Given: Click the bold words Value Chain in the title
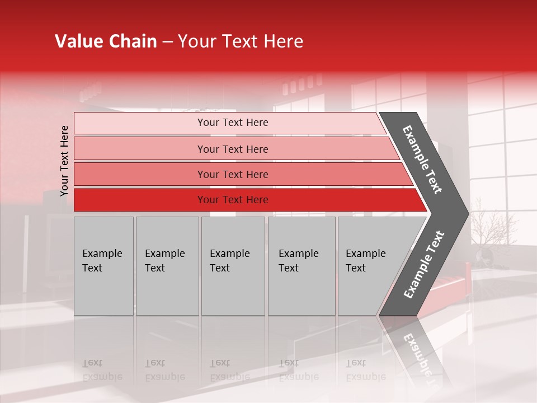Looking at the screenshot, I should pyautogui.click(x=106, y=41).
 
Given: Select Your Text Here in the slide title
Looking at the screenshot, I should pyautogui.click(x=241, y=41).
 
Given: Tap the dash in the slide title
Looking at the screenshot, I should pyautogui.click(x=167, y=42).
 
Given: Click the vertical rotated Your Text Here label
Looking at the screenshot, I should pyautogui.click(x=64, y=161).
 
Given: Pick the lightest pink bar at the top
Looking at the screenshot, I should pyautogui.click(x=232, y=123).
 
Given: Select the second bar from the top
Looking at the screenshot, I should pyautogui.click(x=232, y=149).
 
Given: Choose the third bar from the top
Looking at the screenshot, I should pyautogui.click(x=232, y=174).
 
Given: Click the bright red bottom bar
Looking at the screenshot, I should pyautogui.click(x=232, y=200).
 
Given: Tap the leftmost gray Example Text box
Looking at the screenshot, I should pyautogui.click(x=103, y=266).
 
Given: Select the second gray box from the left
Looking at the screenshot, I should pyautogui.click(x=167, y=266).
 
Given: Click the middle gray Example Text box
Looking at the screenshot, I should pyautogui.click(x=233, y=266).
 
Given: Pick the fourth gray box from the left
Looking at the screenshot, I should pyautogui.click(x=301, y=266).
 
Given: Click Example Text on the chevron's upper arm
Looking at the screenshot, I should pyautogui.click(x=422, y=160).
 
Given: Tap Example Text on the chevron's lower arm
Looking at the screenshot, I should pyautogui.click(x=423, y=265).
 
